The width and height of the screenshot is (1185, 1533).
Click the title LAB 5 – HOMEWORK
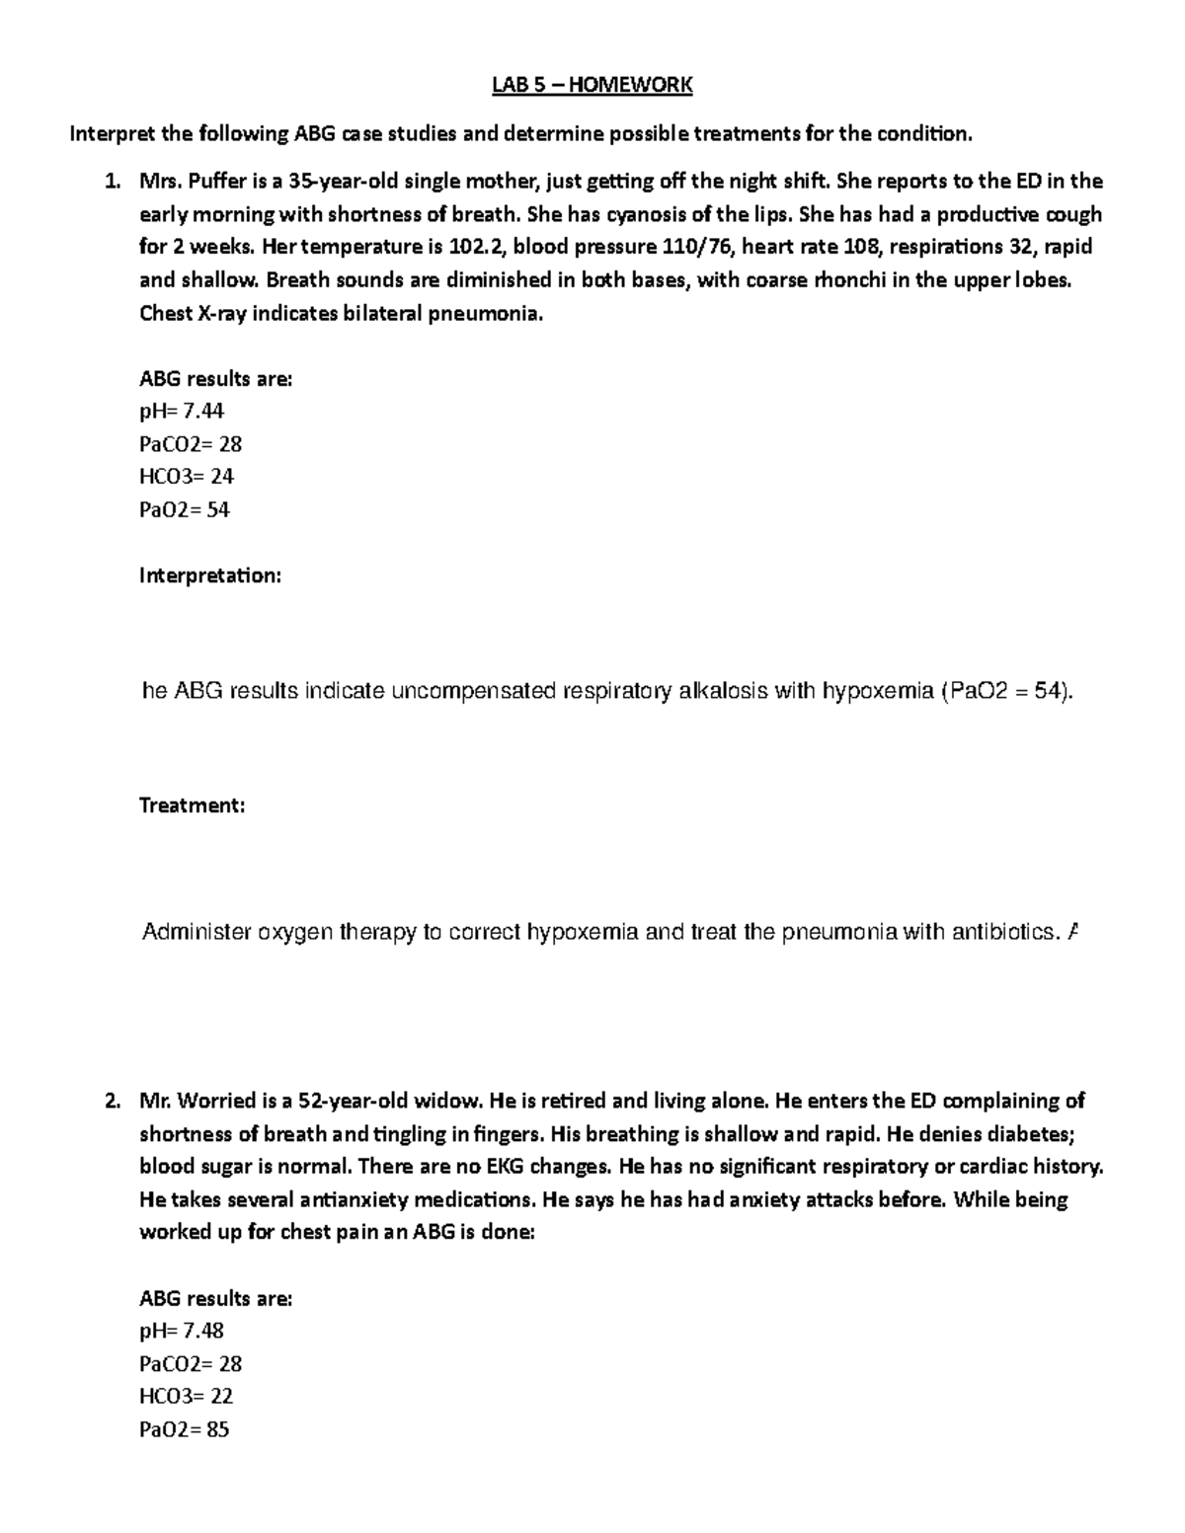(x=592, y=86)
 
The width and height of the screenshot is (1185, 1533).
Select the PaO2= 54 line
(x=185, y=509)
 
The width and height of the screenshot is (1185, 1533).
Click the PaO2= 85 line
(x=185, y=1428)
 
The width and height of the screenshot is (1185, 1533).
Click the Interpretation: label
(x=210, y=575)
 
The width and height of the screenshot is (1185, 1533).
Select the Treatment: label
(x=192, y=805)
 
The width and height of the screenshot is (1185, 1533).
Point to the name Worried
(x=219, y=1101)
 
